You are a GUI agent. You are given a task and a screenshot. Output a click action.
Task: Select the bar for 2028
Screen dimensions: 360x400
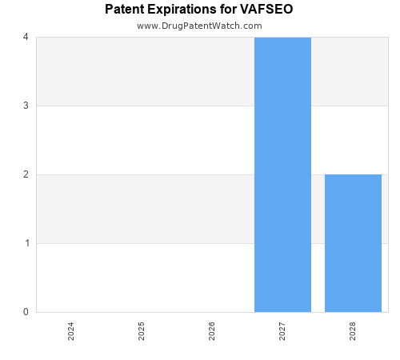pyautogui.click(x=353, y=243)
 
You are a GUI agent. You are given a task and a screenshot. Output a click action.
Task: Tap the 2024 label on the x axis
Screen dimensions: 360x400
pyautogui.click(x=71, y=331)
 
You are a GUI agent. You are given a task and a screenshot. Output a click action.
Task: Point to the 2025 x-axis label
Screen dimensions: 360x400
pyautogui.click(x=142, y=331)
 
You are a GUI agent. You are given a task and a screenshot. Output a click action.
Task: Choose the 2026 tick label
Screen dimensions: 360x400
pyautogui.click(x=212, y=331)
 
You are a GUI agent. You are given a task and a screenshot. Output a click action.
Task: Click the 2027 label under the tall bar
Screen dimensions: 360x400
pyautogui.click(x=282, y=331)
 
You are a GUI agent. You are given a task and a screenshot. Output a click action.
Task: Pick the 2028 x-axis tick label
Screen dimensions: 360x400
pyautogui.click(x=353, y=331)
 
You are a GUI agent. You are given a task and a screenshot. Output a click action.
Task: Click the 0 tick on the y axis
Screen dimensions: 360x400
pyautogui.click(x=26, y=312)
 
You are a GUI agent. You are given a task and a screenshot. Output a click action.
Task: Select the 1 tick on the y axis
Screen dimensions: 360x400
pyautogui.click(x=26, y=243)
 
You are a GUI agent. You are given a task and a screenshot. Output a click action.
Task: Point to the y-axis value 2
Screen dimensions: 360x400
pyautogui.click(x=26, y=174)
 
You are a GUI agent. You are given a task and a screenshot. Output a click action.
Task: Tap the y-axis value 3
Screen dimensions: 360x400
pyautogui.click(x=26, y=106)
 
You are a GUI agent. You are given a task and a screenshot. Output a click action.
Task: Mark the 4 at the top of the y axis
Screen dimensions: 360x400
pyautogui.click(x=26, y=37)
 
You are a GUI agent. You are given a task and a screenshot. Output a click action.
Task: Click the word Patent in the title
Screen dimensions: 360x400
pyautogui.click(x=124, y=10)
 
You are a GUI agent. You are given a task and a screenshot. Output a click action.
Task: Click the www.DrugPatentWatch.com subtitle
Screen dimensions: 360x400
pyautogui.click(x=199, y=26)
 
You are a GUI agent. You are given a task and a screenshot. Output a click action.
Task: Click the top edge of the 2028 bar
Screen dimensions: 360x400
pyautogui.click(x=353, y=174)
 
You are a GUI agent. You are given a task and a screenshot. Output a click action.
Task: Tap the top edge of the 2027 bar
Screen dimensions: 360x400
pyautogui.click(x=282, y=38)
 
